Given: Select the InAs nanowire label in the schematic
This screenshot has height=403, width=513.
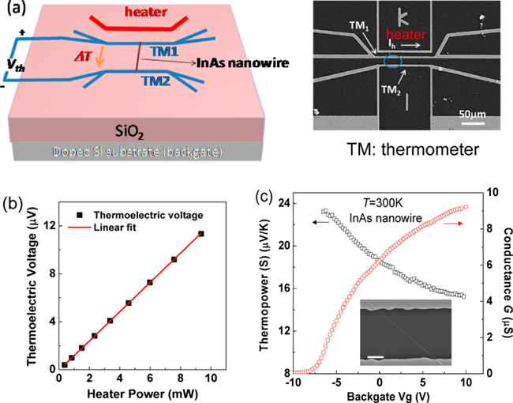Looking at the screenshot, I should pyautogui.click(x=214, y=66).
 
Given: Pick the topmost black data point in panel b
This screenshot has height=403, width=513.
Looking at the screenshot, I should pyautogui.click(x=201, y=234).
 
